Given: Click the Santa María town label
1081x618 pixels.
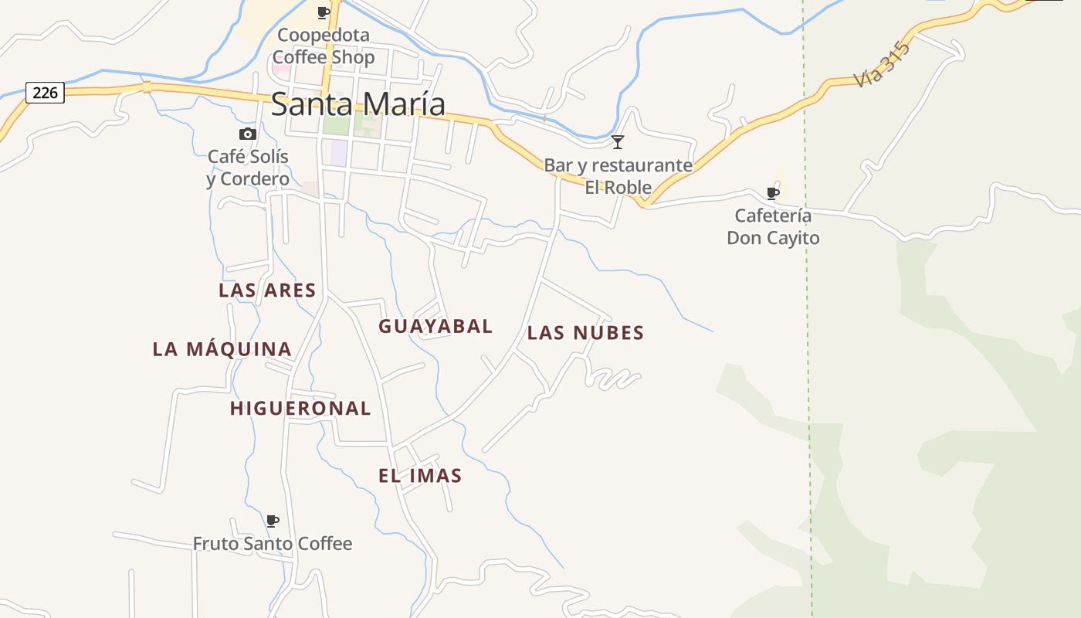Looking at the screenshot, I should coord(358,104).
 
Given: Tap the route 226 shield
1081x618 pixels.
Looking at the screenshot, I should coord(46,93).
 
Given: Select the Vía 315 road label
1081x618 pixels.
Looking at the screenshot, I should coord(883,66).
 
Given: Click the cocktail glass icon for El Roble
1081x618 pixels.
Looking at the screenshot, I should coord(618,141).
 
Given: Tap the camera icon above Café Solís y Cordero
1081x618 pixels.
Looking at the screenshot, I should coord(248,134).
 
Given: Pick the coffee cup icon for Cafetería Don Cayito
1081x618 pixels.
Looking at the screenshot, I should coord(772,193).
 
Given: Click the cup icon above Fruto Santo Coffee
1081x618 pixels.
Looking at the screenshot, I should coord(272,521).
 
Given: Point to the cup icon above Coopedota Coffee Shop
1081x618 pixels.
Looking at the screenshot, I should coord(324,12).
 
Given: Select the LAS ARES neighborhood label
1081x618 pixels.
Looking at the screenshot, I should coord(267,290).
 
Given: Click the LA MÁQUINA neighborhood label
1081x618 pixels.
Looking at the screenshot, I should coord(222,349).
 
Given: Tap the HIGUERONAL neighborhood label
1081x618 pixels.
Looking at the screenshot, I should coord(300,409).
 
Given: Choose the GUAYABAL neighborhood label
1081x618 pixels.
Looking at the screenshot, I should coord(435,326).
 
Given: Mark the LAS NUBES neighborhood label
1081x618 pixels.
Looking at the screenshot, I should coord(585,333).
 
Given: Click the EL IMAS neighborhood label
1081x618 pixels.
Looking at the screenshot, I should coord(420,476).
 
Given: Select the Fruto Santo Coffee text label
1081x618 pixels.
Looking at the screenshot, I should coord(273,544).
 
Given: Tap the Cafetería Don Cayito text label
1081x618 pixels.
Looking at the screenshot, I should coord(773,226).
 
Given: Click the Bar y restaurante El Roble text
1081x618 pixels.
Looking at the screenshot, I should coord(618,176).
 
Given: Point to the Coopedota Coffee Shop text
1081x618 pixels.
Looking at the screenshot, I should coord(324,46).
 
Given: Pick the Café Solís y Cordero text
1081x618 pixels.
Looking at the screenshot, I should coord(248,168).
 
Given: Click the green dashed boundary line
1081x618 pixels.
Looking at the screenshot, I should coord(808,348).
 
